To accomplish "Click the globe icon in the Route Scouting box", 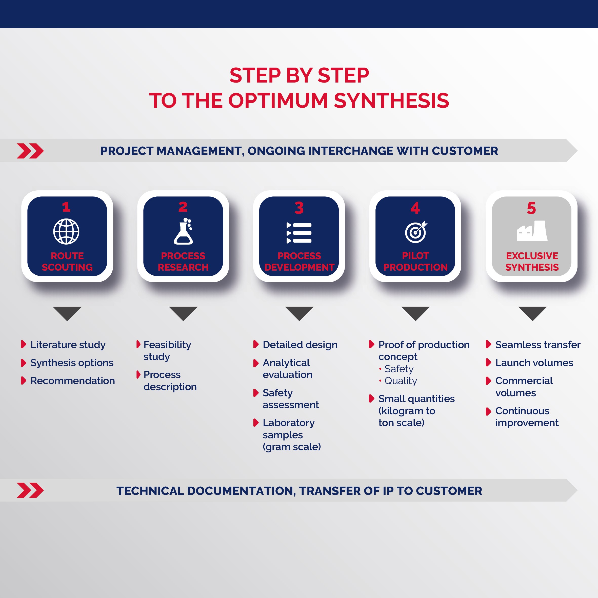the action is point(66,231).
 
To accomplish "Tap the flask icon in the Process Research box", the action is point(184,231).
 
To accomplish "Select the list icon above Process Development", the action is point(299,233).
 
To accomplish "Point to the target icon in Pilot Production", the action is point(416,232).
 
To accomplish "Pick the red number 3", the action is point(299,208).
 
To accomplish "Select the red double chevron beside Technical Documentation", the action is point(30,490).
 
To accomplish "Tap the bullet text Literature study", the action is point(68,345).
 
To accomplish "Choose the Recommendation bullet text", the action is point(72,381).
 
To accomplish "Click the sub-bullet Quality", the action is point(401,381).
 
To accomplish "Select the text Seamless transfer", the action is point(538,345).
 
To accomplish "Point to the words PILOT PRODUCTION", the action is point(415,261).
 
